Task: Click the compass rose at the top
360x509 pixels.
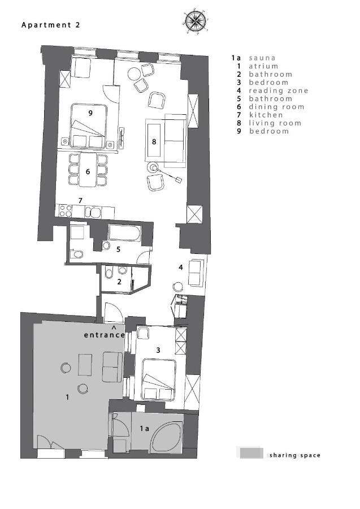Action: pos(195,21)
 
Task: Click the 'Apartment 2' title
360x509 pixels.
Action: pos(51,25)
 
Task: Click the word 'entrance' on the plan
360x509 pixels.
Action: pos(104,335)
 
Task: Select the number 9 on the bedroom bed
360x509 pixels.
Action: pos(90,113)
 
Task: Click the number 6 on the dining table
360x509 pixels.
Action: pos(88,171)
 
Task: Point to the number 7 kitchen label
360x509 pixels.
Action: pos(81,200)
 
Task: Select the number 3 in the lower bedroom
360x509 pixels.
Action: pos(158,350)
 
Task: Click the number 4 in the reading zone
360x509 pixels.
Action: pos(181,266)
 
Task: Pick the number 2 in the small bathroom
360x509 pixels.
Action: pos(119,281)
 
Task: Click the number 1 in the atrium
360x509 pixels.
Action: pos(67,398)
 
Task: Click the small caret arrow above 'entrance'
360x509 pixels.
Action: pos(114,327)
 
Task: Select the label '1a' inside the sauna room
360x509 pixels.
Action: pos(144,429)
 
